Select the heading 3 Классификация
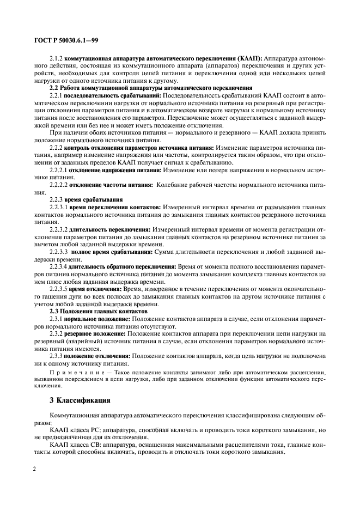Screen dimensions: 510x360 (81, 400)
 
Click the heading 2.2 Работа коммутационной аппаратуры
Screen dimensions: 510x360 (151, 87)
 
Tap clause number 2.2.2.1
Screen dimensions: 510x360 (59, 170)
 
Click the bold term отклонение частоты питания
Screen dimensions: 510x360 (110, 185)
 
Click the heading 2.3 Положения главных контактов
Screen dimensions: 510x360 (96, 309)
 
